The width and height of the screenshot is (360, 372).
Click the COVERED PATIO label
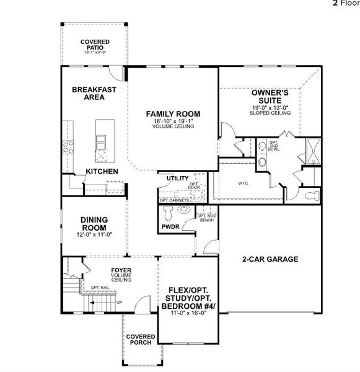coord(95,45)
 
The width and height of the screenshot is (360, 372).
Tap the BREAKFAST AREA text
coord(94,93)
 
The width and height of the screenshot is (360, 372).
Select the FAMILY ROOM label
coord(173,113)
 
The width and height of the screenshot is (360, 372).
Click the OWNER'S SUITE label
coord(267,96)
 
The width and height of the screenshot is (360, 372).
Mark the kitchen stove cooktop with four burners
coord(69,148)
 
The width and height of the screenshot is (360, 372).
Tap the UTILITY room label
coord(177,179)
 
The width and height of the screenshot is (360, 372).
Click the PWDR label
coord(170,228)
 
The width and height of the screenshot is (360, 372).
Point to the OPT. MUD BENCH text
coord(206,218)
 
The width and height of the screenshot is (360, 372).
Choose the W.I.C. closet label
coord(244,184)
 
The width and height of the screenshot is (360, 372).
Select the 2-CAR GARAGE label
coord(270,259)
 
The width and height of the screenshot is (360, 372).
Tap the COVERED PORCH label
coord(140,340)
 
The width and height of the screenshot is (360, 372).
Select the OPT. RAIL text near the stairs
coord(99,288)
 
